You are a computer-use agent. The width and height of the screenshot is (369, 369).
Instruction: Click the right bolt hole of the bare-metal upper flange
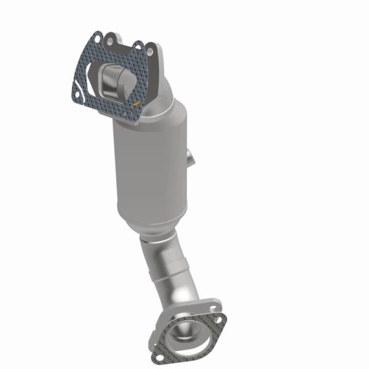click(149, 48)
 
